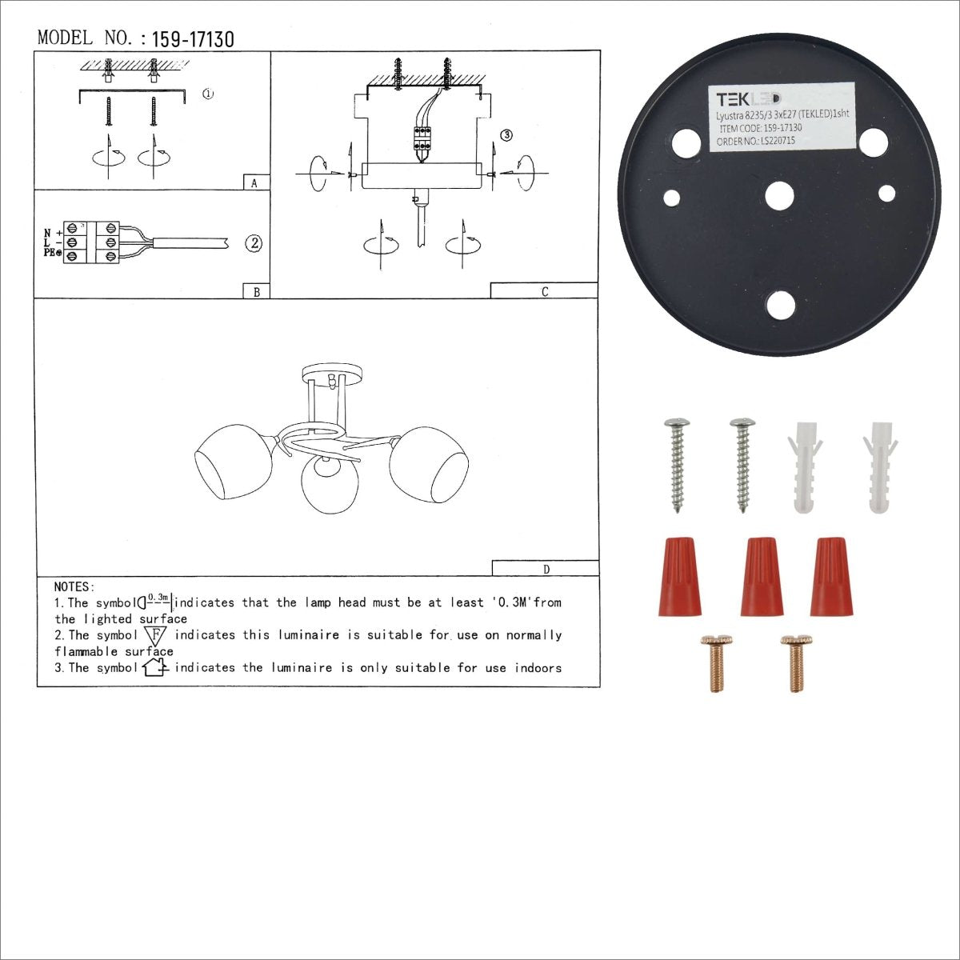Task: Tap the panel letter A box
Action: point(255,182)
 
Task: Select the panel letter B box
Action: point(256,292)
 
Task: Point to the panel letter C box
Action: point(544,291)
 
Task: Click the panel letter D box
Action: point(546,569)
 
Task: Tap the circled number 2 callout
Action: point(254,243)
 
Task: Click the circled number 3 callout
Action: point(506,135)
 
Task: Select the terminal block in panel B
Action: point(93,242)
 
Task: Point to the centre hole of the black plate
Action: point(778,195)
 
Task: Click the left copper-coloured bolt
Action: point(714,662)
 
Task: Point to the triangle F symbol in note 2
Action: point(154,636)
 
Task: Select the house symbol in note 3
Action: point(154,667)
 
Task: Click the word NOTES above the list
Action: point(74,587)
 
